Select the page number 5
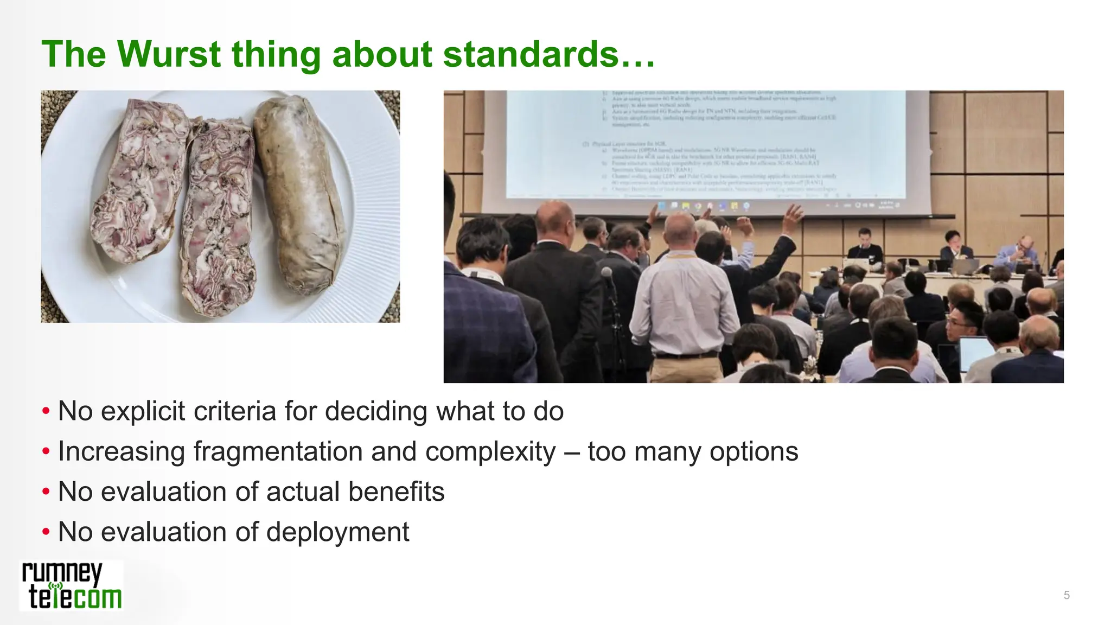click(x=1066, y=595)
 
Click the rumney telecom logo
click(x=72, y=586)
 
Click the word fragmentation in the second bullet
click(x=278, y=451)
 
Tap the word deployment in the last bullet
click(x=337, y=532)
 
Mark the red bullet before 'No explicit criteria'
click(x=46, y=411)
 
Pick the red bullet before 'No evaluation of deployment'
click(x=46, y=532)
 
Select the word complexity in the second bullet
click(x=490, y=451)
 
